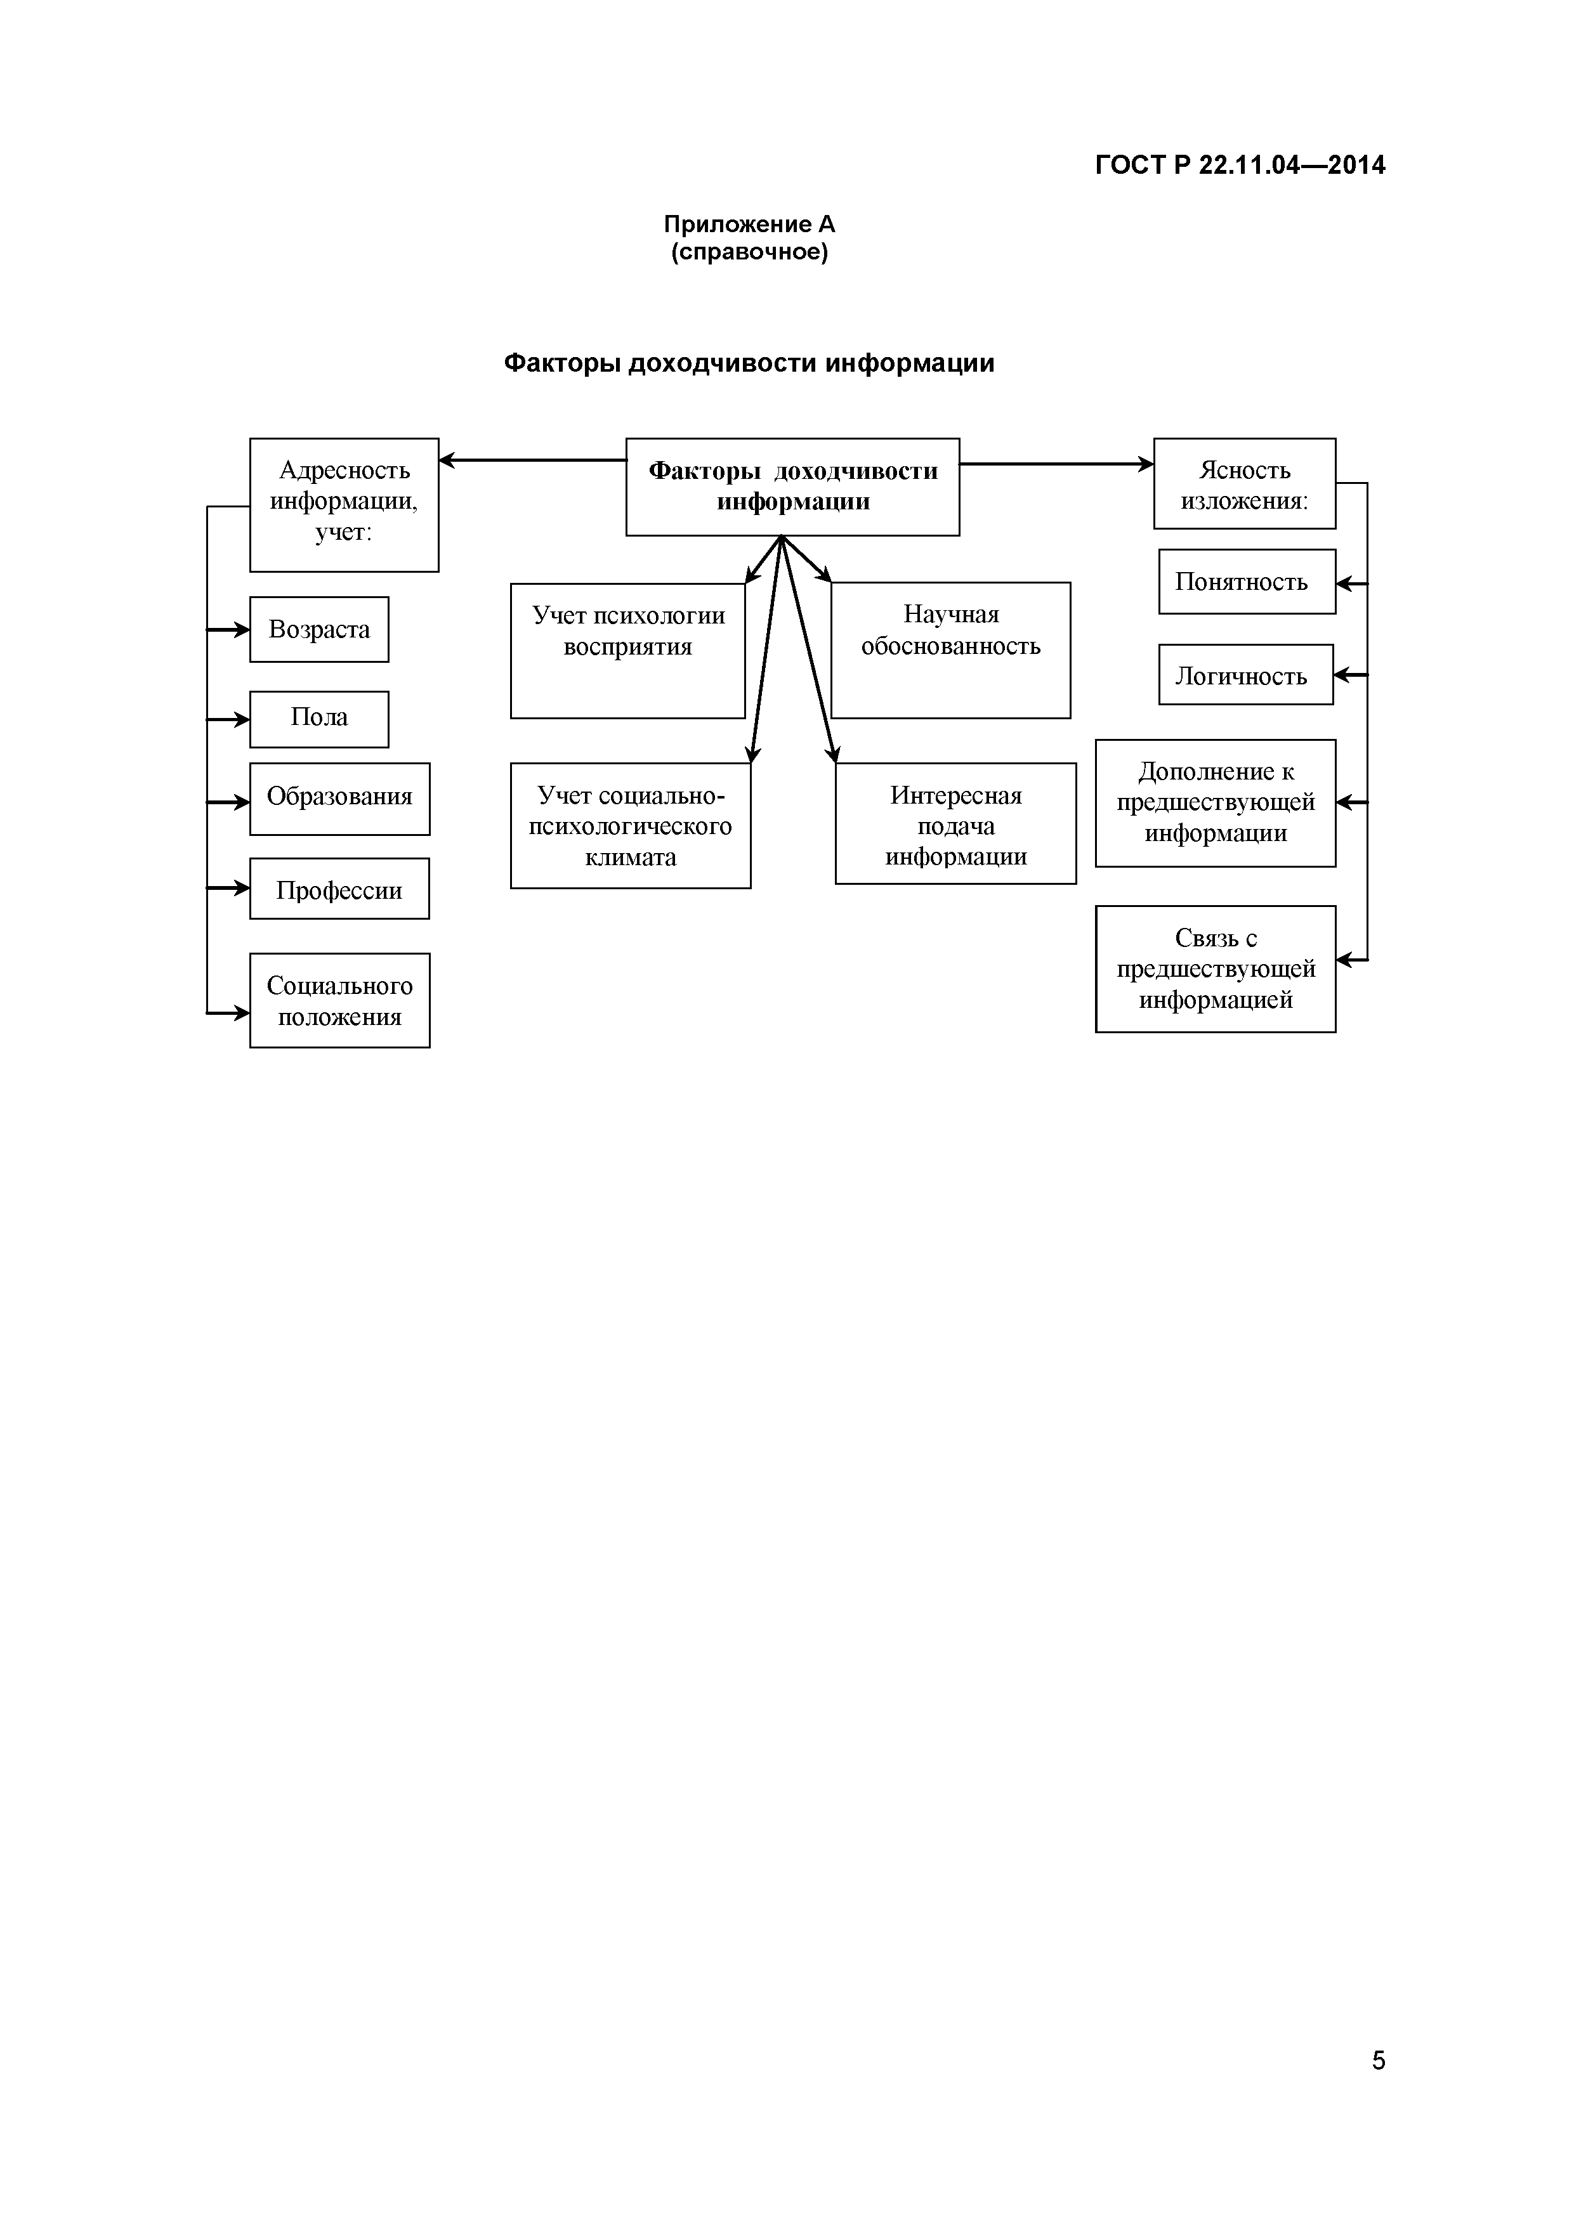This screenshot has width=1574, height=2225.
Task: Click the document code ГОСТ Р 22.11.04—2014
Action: [1240, 166]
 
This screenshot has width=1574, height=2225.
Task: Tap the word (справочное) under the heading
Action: [749, 253]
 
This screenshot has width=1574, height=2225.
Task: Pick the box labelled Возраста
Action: [319, 630]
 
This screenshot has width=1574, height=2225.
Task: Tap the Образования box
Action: [339, 799]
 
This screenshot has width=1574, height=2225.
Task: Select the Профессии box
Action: [339, 889]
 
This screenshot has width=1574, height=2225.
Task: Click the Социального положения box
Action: [339, 1000]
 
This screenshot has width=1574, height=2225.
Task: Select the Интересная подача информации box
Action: [955, 824]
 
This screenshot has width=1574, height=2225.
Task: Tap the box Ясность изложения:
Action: [1245, 483]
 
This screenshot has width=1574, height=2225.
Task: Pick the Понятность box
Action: [1247, 582]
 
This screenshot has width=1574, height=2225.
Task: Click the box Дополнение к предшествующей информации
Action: [1216, 802]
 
